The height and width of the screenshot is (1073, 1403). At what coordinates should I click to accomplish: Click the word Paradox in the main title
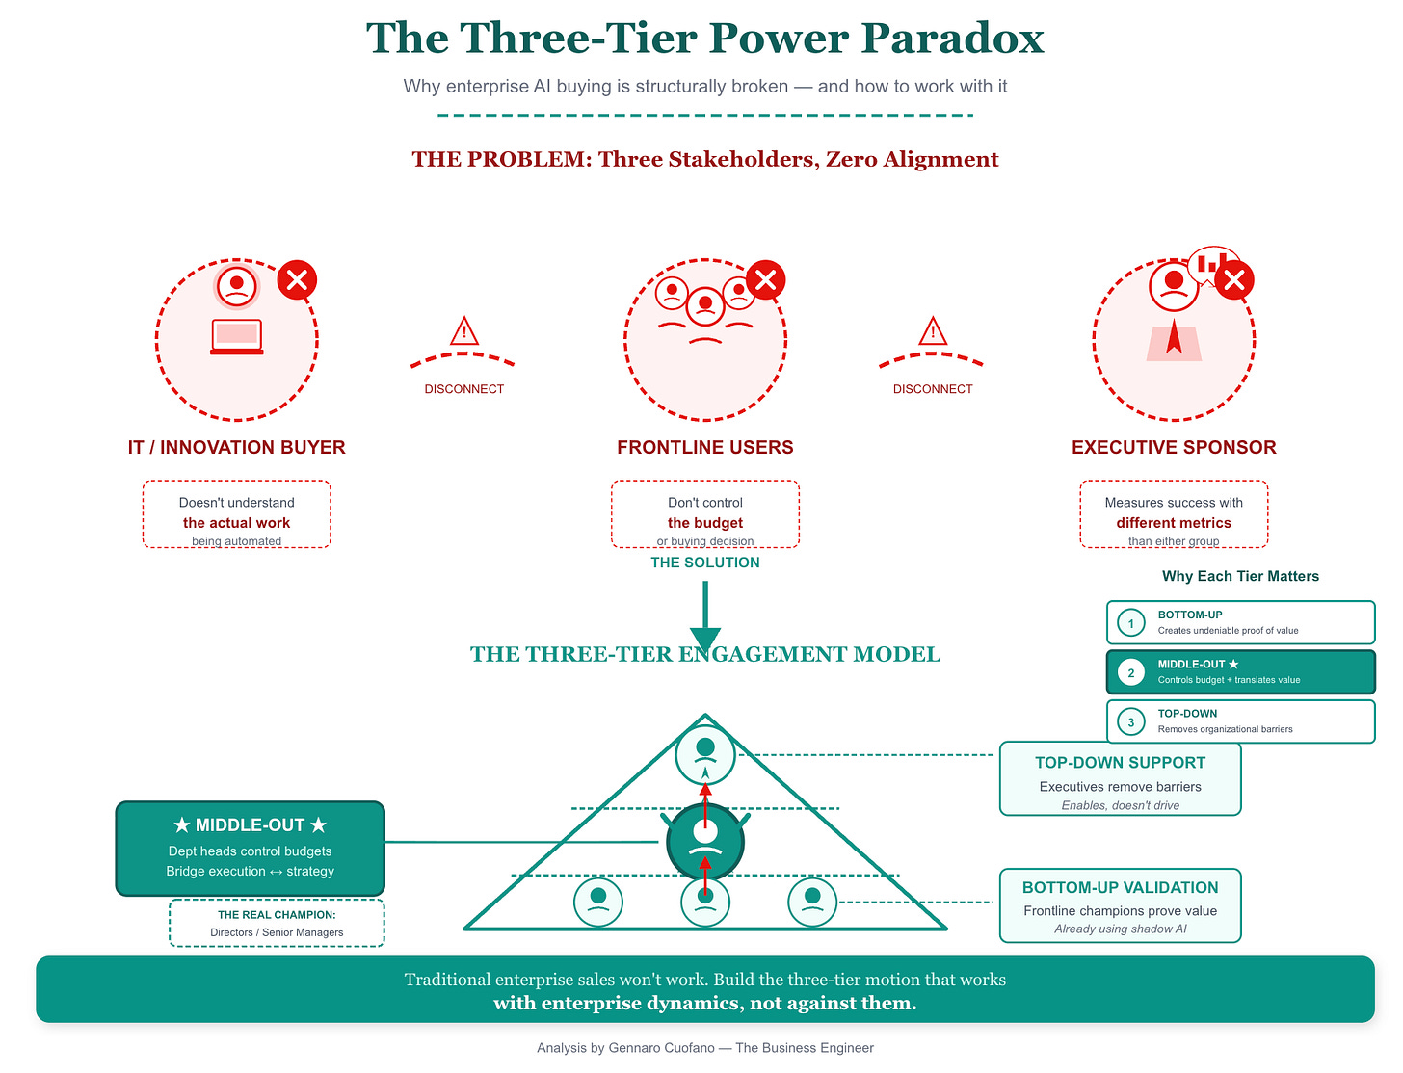point(952,39)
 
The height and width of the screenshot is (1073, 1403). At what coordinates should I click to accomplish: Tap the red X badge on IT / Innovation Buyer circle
point(297,280)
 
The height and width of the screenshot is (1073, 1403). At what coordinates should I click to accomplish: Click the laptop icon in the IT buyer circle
point(237,337)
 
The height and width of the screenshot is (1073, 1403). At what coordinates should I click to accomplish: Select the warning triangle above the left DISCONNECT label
point(464,331)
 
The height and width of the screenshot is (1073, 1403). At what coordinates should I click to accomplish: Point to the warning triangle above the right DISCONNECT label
point(933,331)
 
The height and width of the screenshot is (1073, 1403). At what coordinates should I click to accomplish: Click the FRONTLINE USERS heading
point(705,447)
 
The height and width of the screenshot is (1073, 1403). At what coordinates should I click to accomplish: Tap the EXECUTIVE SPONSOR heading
point(1174,447)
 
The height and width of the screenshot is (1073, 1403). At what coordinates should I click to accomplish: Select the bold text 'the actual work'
point(236,523)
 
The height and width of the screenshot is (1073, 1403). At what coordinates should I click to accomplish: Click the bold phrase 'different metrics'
point(1174,523)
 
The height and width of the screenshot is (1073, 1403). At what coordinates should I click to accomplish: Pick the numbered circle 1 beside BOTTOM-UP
point(1131,623)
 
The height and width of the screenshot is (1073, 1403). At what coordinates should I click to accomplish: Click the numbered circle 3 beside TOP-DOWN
point(1131,721)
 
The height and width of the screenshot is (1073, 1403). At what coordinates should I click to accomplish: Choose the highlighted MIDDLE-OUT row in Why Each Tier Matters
point(1240,672)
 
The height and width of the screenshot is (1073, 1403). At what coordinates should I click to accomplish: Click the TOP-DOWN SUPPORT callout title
point(1120,763)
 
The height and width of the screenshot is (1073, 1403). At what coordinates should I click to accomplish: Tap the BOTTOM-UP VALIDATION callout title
point(1120,888)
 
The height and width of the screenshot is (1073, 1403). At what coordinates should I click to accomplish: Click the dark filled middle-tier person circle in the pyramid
point(705,842)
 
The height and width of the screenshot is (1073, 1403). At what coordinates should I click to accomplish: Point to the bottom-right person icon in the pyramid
point(812,903)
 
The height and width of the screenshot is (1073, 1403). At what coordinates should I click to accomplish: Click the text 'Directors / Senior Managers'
point(277,932)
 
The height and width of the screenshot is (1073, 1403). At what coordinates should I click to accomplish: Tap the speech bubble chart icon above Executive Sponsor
point(1212,263)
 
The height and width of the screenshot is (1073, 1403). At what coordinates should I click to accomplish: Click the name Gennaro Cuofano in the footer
point(661,1048)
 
